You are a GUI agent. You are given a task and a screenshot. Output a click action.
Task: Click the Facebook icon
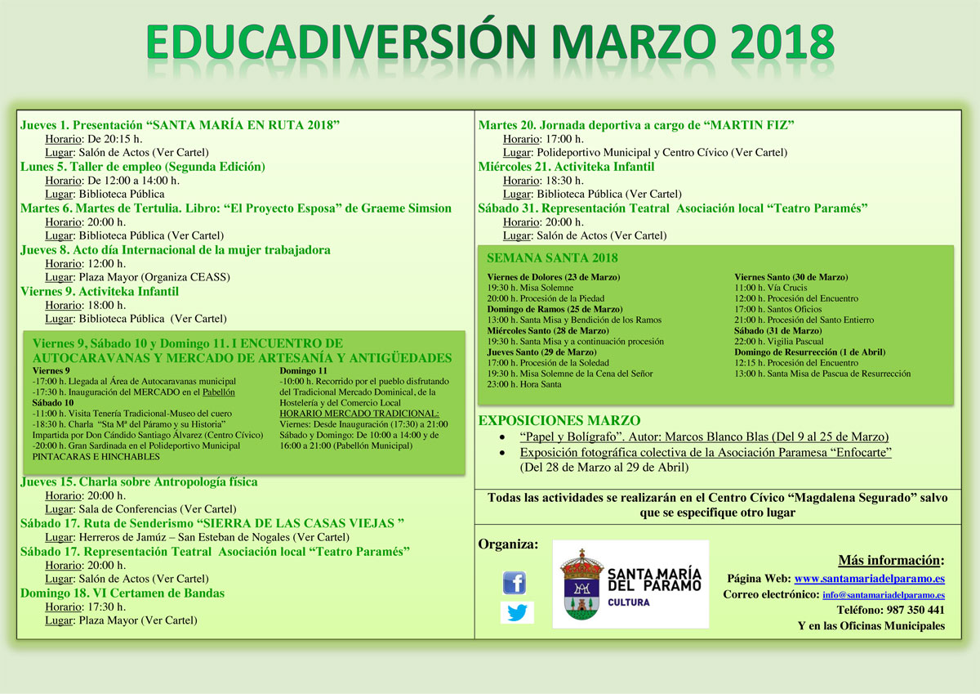pyautogui.click(x=514, y=583)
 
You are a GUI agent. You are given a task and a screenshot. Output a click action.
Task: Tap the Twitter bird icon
pyautogui.click(x=517, y=612)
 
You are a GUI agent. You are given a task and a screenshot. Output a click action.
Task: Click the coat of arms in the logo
pyautogui.click(x=581, y=584)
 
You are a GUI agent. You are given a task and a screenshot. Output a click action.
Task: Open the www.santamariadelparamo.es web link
pyautogui.click(x=869, y=579)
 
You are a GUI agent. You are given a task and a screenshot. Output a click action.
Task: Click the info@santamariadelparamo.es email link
pyautogui.click(x=884, y=594)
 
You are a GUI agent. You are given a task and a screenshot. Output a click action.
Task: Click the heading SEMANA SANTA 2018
pyautogui.click(x=552, y=257)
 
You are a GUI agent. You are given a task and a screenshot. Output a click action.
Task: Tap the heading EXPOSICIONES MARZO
pyautogui.click(x=559, y=420)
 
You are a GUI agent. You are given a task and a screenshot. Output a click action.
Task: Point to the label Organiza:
pyautogui.click(x=508, y=544)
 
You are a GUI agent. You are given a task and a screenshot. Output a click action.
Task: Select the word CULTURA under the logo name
pyautogui.click(x=629, y=602)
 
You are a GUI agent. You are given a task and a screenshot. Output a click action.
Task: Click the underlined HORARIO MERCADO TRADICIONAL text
pyautogui.click(x=359, y=414)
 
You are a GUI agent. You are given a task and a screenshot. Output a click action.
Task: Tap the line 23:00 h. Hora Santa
pyautogui.click(x=524, y=384)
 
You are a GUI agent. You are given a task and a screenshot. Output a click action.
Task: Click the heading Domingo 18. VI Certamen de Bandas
pyautogui.click(x=122, y=593)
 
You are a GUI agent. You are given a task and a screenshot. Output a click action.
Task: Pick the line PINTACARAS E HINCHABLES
pyautogui.click(x=96, y=456)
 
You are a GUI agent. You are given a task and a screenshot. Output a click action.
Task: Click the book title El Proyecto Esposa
pyautogui.click(x=286, y=208)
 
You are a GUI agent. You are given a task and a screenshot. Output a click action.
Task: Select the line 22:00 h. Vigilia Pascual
pyautogui.click(x=779, y=341)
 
